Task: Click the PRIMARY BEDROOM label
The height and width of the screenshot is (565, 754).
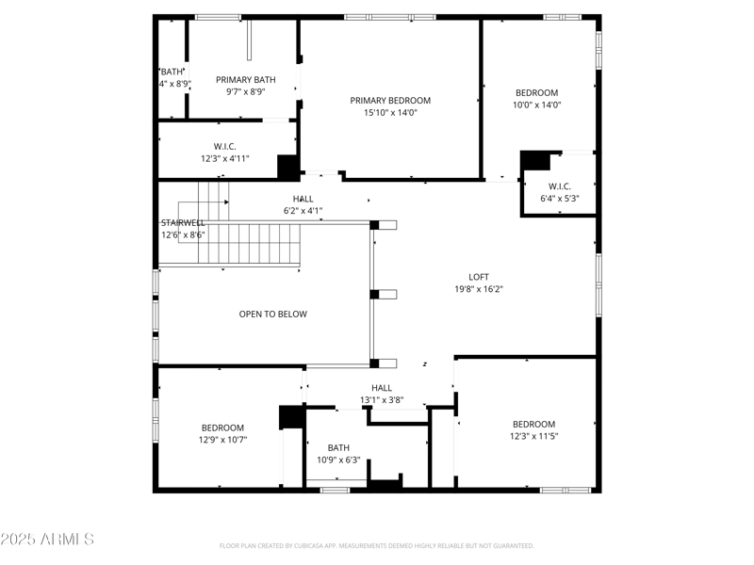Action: [x=390, y=101]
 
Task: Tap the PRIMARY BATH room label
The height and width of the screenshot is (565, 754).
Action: [x=245, y=80]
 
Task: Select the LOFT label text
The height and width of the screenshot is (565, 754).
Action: [x=479, y=277]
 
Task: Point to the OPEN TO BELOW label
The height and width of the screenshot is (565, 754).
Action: [x=272, y=315]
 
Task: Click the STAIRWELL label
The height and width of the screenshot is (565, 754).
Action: [x=182, y=223]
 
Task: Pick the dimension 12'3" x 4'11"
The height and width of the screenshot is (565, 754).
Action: [x=224, y=159]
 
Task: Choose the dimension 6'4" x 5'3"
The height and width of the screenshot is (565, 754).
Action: [x=559, y=199]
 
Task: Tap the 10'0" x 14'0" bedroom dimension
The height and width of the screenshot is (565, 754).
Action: [x=536, y=105]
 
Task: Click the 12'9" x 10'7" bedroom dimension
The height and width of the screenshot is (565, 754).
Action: [x=222, y=440]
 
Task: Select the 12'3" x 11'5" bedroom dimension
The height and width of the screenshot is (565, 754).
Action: [x=533, y=436]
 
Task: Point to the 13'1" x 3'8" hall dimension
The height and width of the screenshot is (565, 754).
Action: [x=382, y=400]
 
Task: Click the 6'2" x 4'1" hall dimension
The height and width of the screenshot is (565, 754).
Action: [x=303, y=211]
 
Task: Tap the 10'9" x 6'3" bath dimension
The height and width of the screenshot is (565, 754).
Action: [x=338, y=460]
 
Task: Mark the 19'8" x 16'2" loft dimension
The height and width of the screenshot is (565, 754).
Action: [x=479, y=290]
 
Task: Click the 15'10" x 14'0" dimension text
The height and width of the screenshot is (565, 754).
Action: [x=390, y=113]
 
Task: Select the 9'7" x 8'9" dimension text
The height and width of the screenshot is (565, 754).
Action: [x=245, y=92]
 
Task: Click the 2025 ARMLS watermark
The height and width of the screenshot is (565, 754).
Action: [x=47, y=540]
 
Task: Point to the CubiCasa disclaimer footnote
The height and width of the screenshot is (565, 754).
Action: [x=377, y=546]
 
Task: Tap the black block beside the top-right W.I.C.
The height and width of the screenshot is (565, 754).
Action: [x=535, y=160]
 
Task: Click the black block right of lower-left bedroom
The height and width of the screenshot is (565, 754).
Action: [x=292, y=417]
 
